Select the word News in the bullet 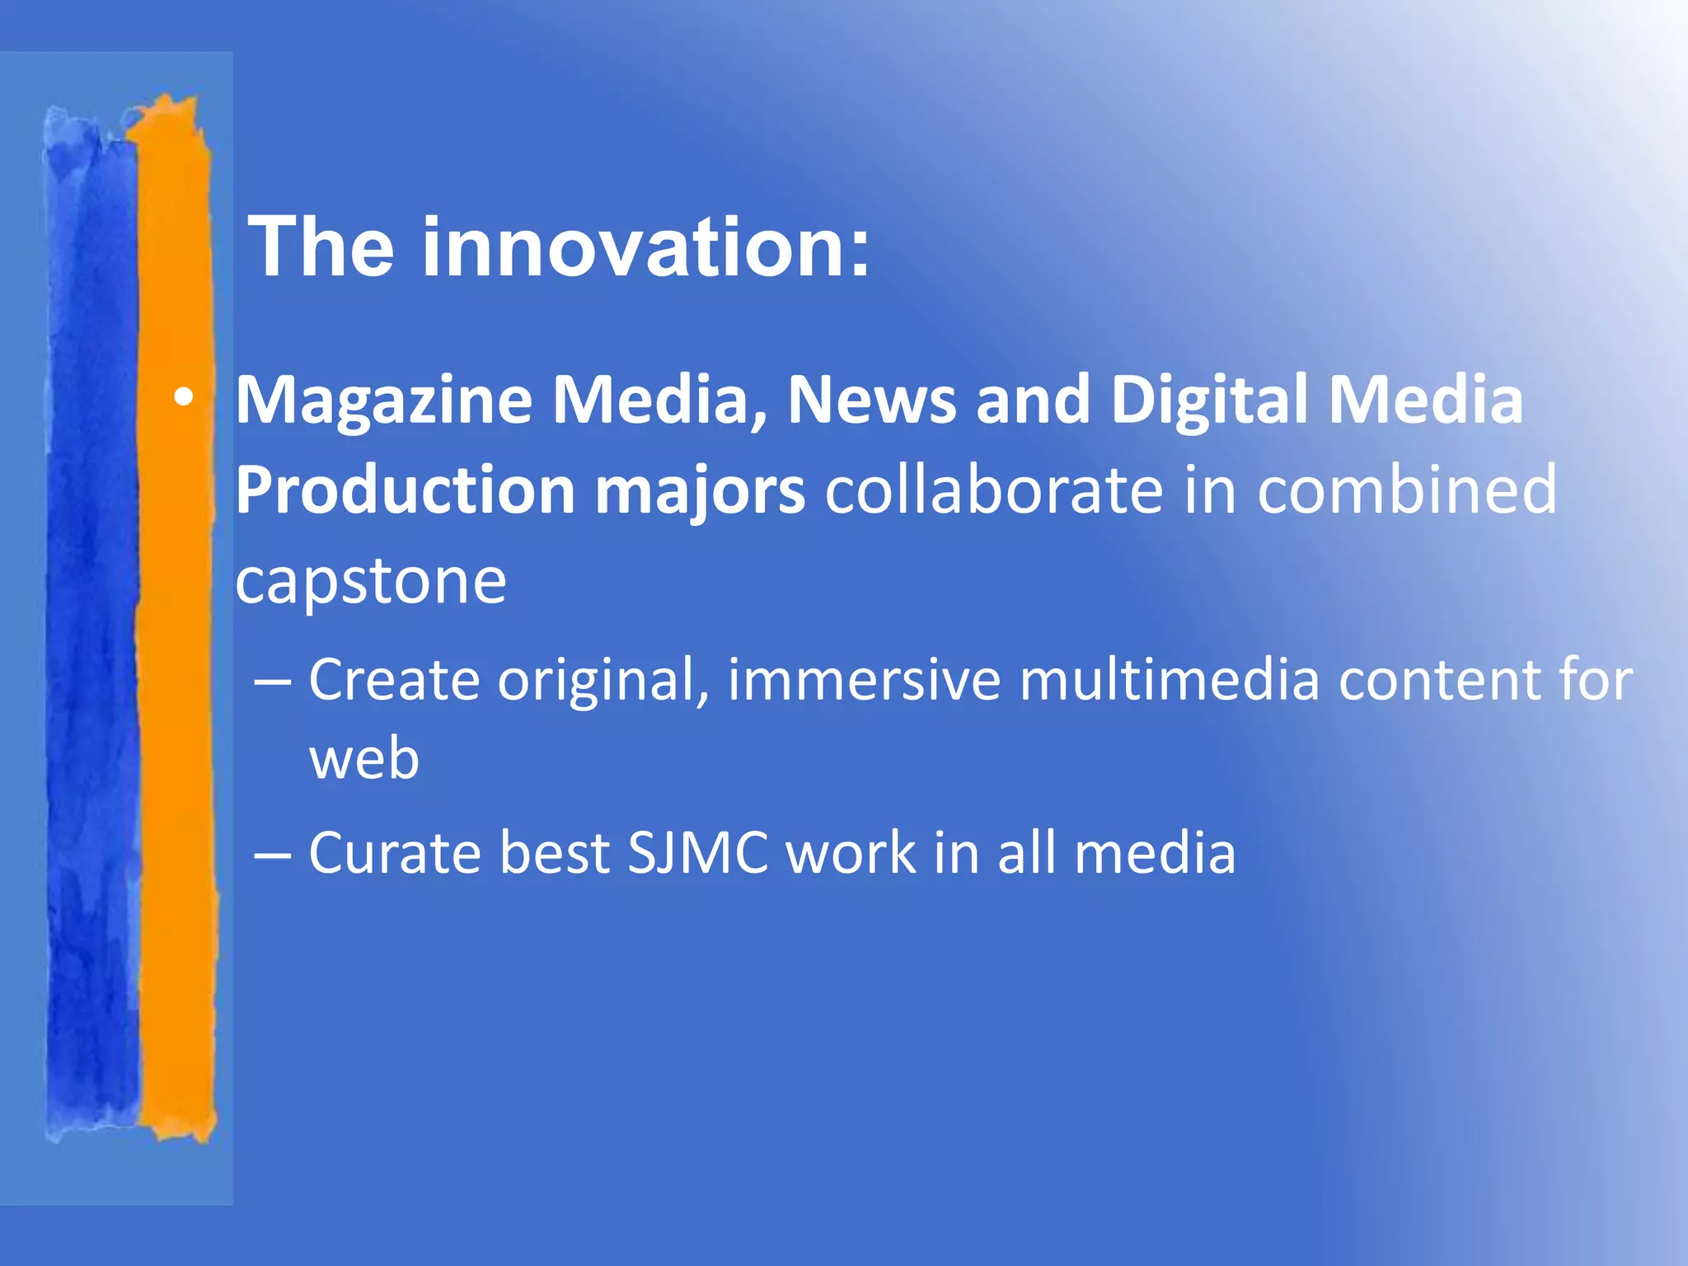(871, 400)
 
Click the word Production (405, 491)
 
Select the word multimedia (1170, 681)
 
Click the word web (364, 759)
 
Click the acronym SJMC (697, 853)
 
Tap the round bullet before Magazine (184, 399)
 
